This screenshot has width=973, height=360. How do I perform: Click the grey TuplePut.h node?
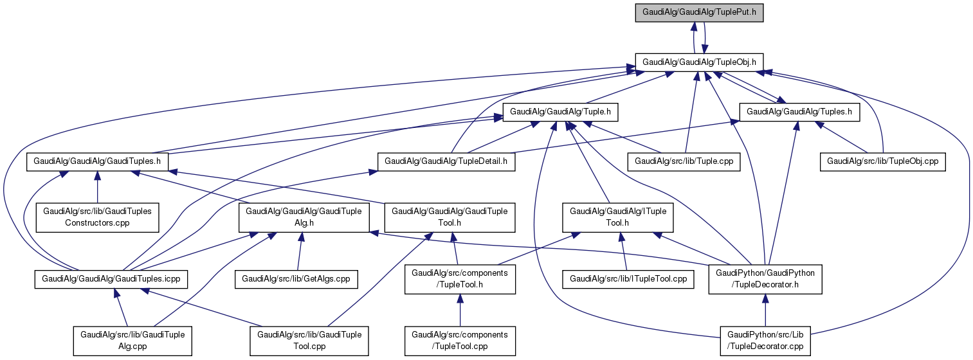(699, 12)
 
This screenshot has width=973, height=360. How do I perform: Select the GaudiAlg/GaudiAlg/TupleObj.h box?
(699, 61)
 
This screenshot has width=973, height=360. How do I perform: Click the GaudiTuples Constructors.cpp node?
(97, 217)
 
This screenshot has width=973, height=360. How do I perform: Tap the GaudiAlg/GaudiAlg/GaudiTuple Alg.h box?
(304, 217)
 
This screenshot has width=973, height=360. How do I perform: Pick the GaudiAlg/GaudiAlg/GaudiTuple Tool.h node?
(450, 217)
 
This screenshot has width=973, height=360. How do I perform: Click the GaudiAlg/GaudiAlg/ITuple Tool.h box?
(618, 217)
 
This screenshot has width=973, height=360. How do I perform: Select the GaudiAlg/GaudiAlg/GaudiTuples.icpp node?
(111, 279)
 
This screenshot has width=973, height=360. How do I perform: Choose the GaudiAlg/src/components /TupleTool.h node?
(460, 279)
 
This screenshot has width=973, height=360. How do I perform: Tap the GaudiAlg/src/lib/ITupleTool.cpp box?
(629, 279)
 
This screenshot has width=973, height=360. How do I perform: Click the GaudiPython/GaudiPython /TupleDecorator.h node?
(765, 279)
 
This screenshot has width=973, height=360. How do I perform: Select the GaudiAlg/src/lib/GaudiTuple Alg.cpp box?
(132, 341)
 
